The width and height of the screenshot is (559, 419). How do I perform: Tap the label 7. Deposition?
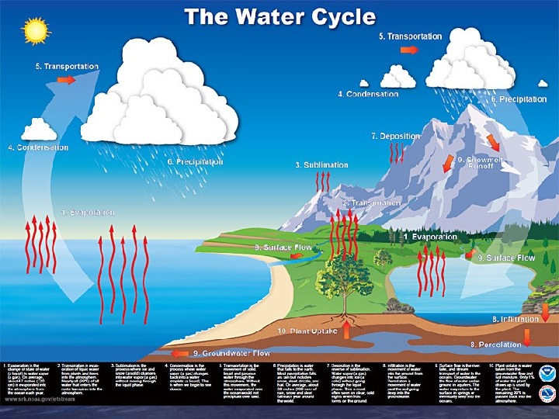(x=395, y=136)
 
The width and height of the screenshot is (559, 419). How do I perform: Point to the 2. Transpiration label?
(x=360, y=203)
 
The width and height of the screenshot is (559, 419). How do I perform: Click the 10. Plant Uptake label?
(x=306, y=331)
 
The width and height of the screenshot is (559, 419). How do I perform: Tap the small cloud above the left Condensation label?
(x=38, y=129)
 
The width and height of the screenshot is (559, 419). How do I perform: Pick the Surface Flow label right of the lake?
(x=505, y=258)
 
